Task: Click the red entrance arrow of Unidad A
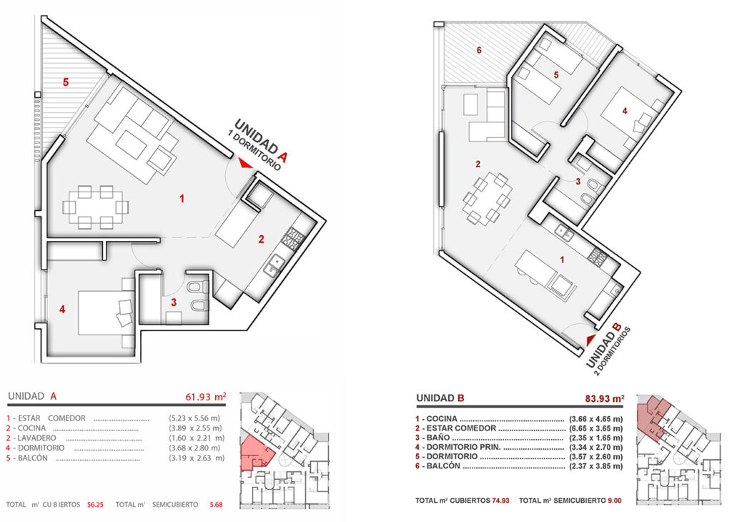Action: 244,163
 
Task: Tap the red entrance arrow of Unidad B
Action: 591,340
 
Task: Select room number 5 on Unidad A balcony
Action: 66,82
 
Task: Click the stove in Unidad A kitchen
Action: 292,237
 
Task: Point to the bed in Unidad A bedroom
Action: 107,312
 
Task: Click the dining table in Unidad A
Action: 96,207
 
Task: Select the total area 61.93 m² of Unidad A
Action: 206,397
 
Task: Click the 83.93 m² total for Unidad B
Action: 605,399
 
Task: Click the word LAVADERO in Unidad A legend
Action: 37,438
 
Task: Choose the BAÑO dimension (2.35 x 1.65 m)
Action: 595,438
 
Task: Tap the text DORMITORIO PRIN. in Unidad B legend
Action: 463,448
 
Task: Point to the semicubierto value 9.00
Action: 614,501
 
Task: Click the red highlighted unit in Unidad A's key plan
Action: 256,453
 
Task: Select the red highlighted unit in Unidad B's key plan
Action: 652,418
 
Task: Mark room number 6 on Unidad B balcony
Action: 479,50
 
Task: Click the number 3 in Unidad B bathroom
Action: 578,182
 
